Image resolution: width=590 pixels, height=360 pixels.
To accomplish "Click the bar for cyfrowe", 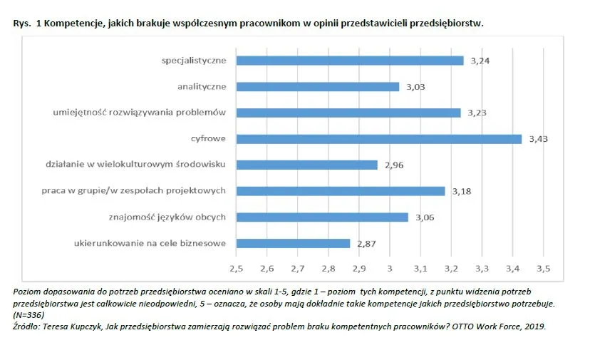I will tap(378, 139).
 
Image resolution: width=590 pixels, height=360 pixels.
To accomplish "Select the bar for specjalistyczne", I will tap(349, 61).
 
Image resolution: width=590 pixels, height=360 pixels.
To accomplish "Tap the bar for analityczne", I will tap(317, 87).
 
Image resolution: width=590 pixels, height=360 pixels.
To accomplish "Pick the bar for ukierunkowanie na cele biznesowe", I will tap(293, 243).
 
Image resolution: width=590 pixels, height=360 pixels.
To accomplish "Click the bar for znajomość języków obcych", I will tap(322, 217).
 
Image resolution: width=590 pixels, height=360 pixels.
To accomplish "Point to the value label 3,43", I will tap(539, 139).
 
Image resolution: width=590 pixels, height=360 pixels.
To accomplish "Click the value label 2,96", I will tap(394, 165).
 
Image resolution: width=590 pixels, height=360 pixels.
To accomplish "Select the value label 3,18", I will tap(462, 191).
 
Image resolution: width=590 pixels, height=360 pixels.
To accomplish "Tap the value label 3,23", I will tap(477, 113).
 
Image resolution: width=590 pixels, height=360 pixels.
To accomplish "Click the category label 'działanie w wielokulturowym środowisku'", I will tap(135, 165).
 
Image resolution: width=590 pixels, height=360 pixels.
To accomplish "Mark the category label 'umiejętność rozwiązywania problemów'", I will tap(139, 113).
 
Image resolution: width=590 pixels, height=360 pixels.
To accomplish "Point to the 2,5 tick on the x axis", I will tap(236, 268).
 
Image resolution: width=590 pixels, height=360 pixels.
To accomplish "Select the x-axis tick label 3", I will tap(390, 268).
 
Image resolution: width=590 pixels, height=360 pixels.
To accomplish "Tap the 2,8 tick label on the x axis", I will tap(328, 268).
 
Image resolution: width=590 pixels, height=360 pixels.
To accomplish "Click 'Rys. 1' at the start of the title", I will tap(25, 23).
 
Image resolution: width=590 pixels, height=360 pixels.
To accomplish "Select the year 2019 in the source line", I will tap(534, 326).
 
